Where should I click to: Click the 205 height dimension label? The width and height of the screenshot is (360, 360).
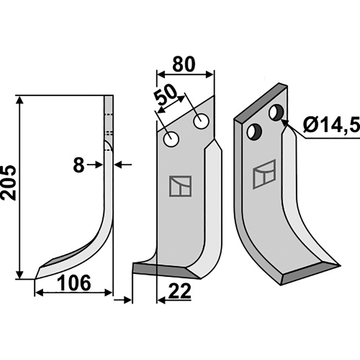tap(9, 183)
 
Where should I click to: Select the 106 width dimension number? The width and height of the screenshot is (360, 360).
tap(74, 283)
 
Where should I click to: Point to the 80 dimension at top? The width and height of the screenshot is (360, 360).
tap(184, 64)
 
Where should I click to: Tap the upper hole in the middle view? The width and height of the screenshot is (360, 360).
tap(201, 121)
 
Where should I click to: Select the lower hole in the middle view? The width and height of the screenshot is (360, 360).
tap(171, 139)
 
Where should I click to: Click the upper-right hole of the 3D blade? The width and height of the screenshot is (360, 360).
tap(277, 112)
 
